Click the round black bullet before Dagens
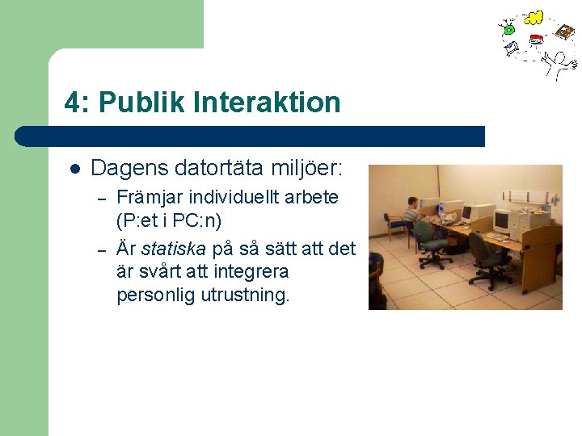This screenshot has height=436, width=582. click(x=74, y=170)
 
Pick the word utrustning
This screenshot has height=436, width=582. click(x=244, y=296)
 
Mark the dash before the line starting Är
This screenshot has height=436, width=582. click(x=102, y=248)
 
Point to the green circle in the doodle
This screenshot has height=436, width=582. click(x=509, y=30)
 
